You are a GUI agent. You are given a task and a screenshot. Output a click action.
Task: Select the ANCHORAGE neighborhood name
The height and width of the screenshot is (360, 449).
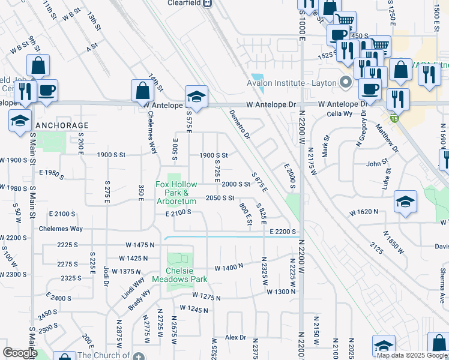62,125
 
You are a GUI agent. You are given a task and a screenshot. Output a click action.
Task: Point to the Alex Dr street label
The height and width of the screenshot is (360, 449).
236,338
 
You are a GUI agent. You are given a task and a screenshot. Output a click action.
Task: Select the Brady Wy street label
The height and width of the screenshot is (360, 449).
139,300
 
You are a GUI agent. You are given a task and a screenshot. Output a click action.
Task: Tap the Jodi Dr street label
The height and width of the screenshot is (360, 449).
106,275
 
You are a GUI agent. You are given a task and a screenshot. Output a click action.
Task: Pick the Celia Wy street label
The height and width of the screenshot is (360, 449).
339,114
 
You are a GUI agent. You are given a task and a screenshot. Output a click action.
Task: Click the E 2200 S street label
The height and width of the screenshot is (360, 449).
283,232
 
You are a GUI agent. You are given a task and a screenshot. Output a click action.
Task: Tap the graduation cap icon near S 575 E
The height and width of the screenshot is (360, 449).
196,96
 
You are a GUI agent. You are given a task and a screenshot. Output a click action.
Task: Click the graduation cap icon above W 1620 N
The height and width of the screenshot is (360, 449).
406,202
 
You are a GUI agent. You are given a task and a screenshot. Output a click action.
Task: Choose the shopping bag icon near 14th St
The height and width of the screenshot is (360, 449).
143,91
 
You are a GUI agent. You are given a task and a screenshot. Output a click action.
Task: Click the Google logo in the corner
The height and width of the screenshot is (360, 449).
20,353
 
